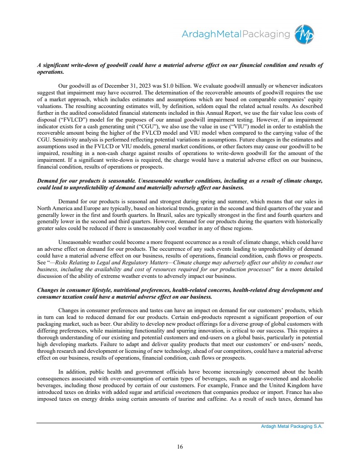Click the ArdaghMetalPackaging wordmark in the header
236,34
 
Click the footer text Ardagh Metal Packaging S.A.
292,427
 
